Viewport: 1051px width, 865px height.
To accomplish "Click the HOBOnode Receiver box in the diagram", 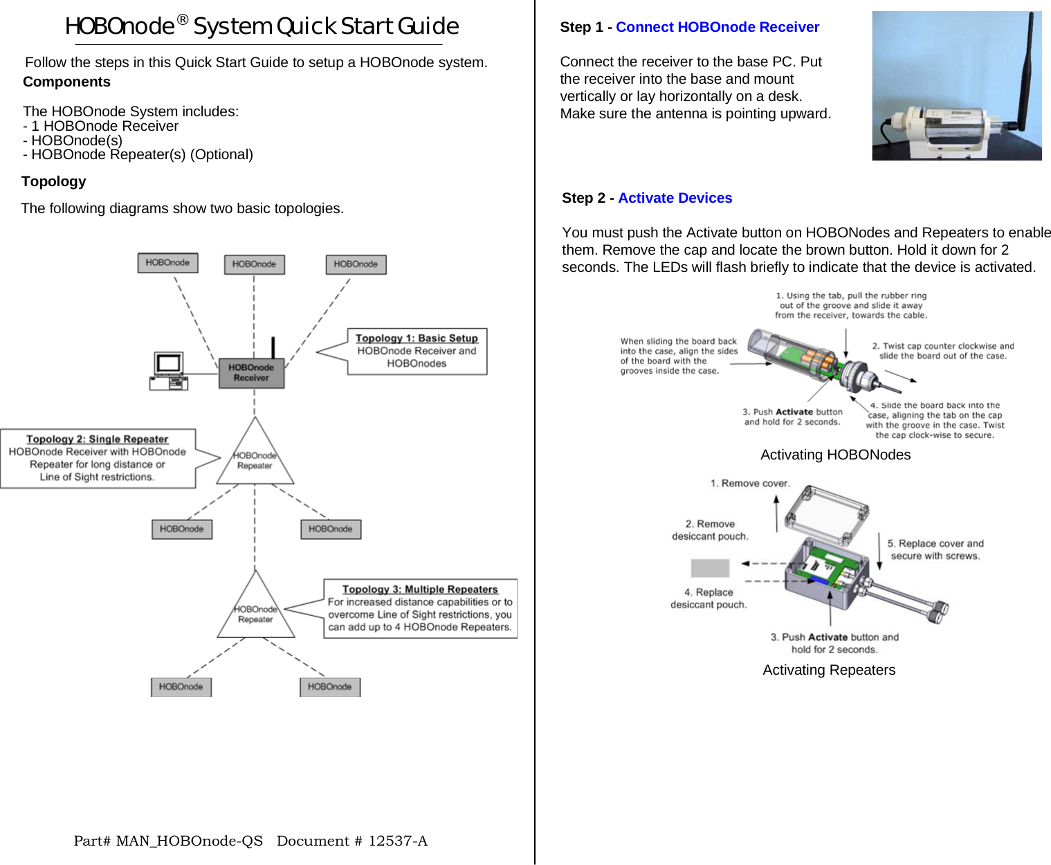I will coord(251,373).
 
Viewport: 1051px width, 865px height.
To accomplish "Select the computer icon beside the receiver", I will coord(169,372).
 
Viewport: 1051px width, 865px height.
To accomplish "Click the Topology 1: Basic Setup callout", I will coord(417,352).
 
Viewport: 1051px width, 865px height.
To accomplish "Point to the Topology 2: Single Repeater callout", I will coord(98,458).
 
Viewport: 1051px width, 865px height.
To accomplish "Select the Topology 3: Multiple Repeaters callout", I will coord(420,608).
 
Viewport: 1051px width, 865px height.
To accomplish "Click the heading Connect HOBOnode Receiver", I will coord(717,27).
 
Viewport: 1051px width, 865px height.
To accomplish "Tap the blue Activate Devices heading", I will coord(675,198).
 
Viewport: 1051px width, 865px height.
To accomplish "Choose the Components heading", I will coord(66,82).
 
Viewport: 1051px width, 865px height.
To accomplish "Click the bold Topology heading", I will coord(54,181).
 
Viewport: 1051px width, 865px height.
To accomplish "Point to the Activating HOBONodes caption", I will coord(835,455).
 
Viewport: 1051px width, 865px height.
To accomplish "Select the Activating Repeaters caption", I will coord(829,670).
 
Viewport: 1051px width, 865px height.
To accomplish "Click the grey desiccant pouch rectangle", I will coord(710,568).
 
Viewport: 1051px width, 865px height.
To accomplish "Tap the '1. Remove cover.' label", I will coord(749,483).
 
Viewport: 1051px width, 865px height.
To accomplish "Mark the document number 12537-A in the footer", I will coord(397,841).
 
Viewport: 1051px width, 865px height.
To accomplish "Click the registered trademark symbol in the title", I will coord(182,19).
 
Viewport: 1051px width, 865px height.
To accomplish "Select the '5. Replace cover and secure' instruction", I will coord(935,549).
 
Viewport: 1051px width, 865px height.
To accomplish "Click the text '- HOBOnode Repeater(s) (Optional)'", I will coord(138,154).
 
